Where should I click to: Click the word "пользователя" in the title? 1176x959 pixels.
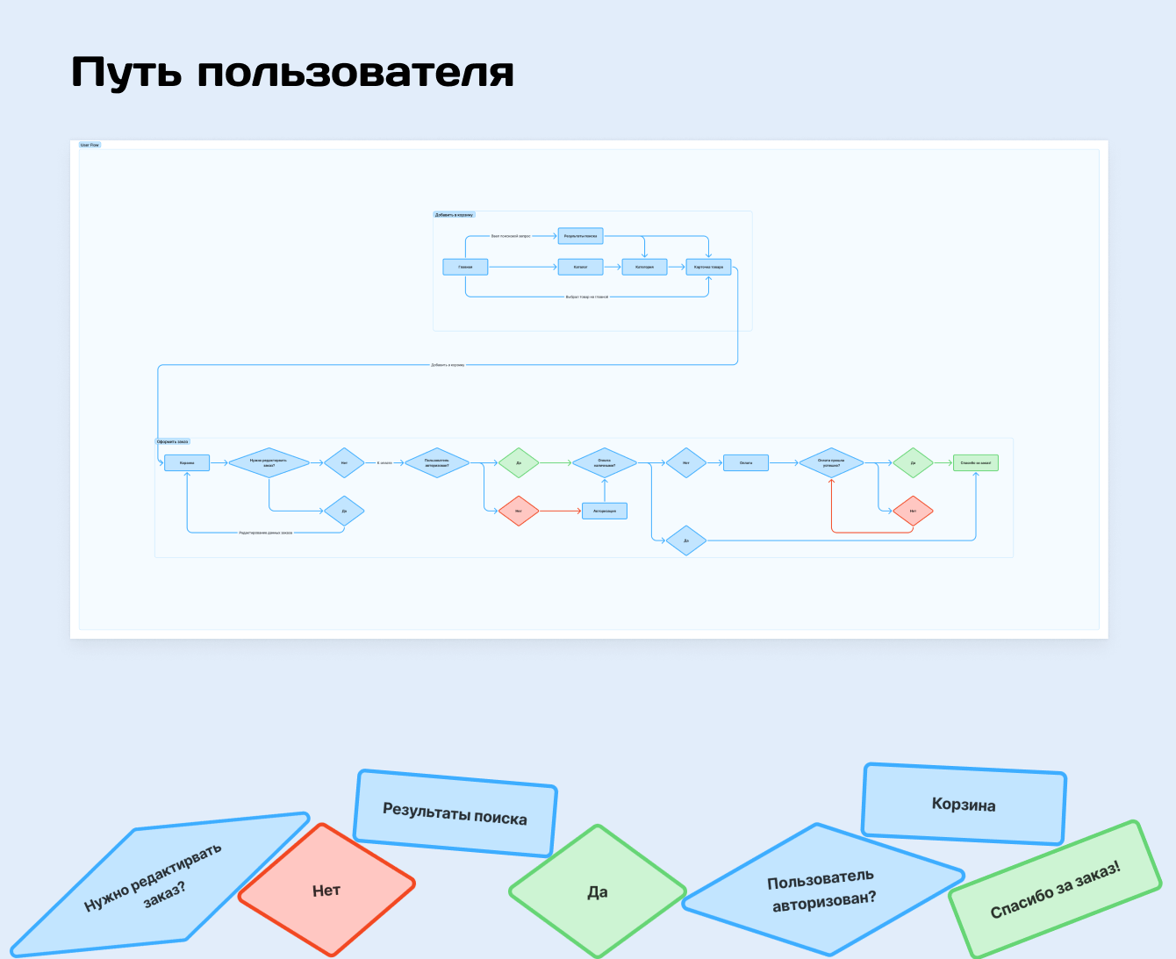(x=355, y=73)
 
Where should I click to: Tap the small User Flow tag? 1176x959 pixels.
(x=90, y=145)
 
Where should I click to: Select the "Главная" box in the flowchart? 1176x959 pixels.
(x=465, y=267)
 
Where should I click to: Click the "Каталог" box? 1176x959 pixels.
(x=580, y=267)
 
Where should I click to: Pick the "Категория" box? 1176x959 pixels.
(x=644, y=267)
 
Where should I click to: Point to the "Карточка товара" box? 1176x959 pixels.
(x=708, y=267)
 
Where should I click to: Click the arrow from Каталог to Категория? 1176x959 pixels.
(x=613, y=267)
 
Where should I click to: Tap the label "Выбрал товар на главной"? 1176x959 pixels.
(x=586, y=297)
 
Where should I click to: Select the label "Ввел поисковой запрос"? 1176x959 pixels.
(x=511, y=236)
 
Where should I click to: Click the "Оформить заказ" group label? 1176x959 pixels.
(x=173, y=441)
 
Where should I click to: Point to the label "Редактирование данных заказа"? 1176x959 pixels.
(x=265, y=533)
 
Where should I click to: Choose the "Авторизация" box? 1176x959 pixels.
(x=605, y=511)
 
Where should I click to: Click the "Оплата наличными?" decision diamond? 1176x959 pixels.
(x=605, y=462)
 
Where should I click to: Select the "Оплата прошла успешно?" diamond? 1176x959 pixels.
(x=830, y=462)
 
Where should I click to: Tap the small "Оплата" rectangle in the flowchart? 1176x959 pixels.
(x=746, y=462)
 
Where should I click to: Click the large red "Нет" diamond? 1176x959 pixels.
(x=326, y=891)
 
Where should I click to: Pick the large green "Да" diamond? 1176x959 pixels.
(x=598, y=891)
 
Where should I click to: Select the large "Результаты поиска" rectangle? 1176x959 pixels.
(x=455, y=813)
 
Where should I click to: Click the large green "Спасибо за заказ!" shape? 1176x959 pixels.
(x=1055, y=890)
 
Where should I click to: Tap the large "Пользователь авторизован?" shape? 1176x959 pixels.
(x=822, y=890)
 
